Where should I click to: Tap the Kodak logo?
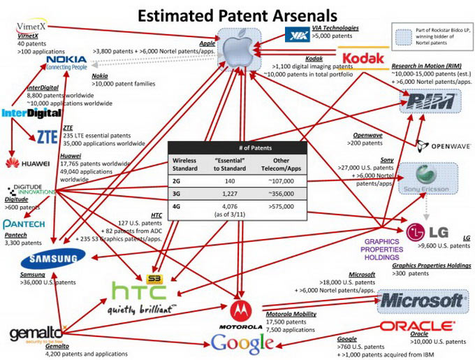(362, 57)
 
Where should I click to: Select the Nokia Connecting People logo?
(66, 63)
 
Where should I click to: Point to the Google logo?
(241, 343)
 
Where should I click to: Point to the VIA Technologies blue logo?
(302, 34)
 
